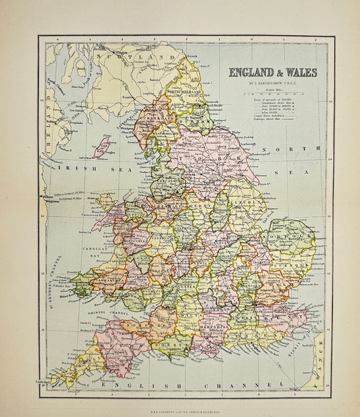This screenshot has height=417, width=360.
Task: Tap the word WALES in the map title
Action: tap(299, 72)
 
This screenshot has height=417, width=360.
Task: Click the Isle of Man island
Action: tap(102, 145)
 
